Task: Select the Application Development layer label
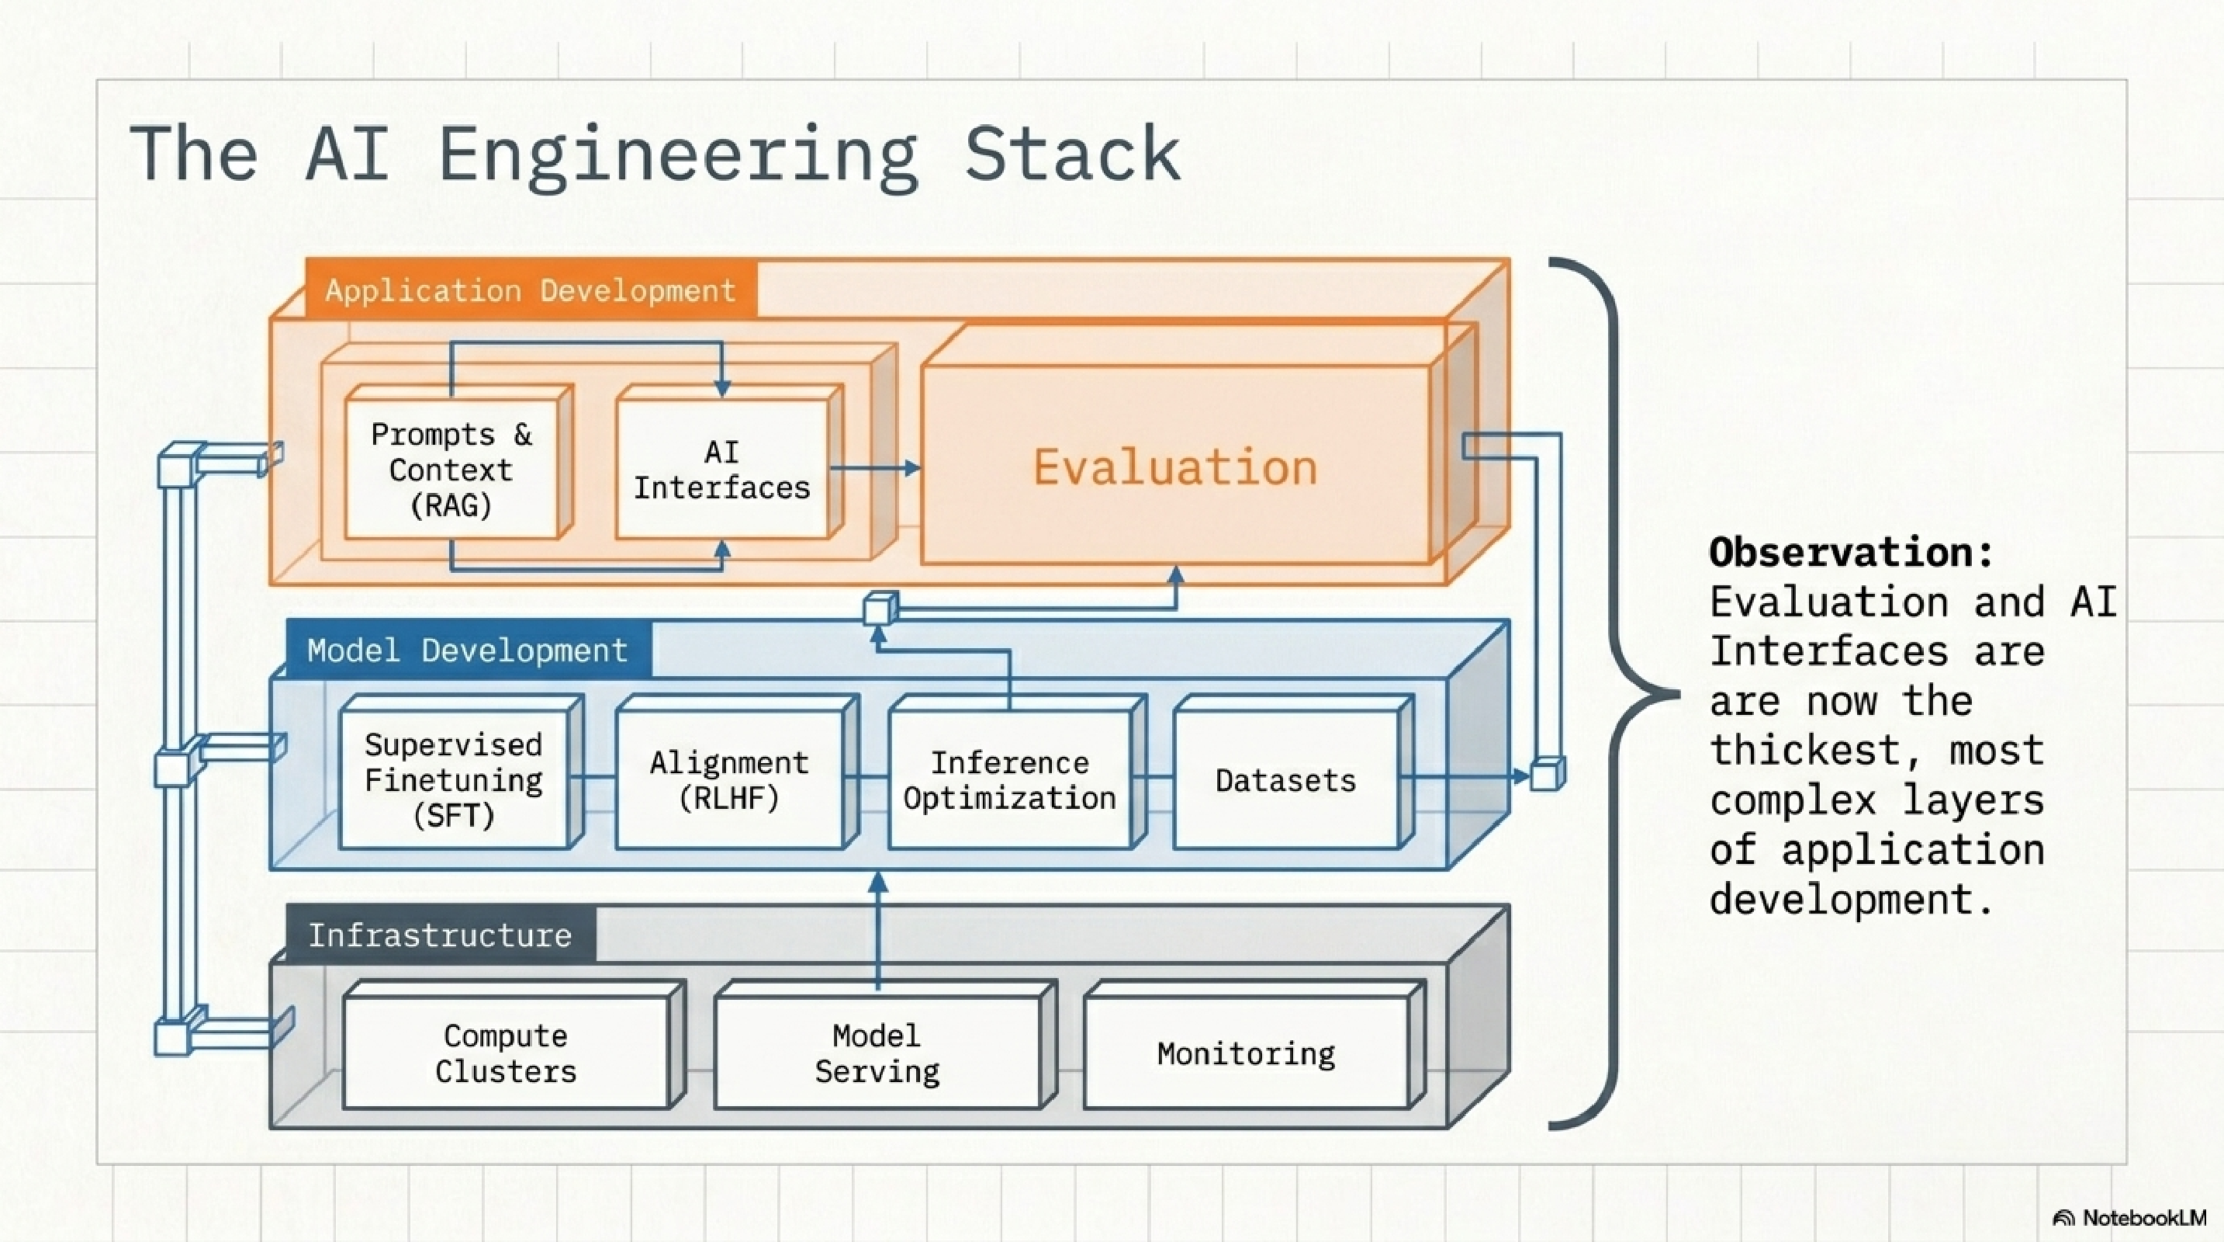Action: point(530,290)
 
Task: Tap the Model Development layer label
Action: point(467,650)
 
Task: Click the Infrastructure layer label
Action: point(439,935)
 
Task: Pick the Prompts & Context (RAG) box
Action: point(451,470)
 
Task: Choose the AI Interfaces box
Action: point(721,470)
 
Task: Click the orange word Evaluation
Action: point(1175,467)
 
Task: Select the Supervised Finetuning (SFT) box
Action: point(453,780)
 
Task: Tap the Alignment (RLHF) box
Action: point(728,780)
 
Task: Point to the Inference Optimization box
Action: point(1008,780)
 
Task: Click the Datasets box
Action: point(1285,780)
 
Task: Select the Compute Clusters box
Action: point(505,1053)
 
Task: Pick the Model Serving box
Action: point(877,1053)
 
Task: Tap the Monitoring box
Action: point(1246,1053)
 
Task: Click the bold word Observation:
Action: point(1850,552)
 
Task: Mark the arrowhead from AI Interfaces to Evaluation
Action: point(911,468)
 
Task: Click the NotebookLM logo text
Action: point(2143,1218)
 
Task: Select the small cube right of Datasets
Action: point(1545,774)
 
